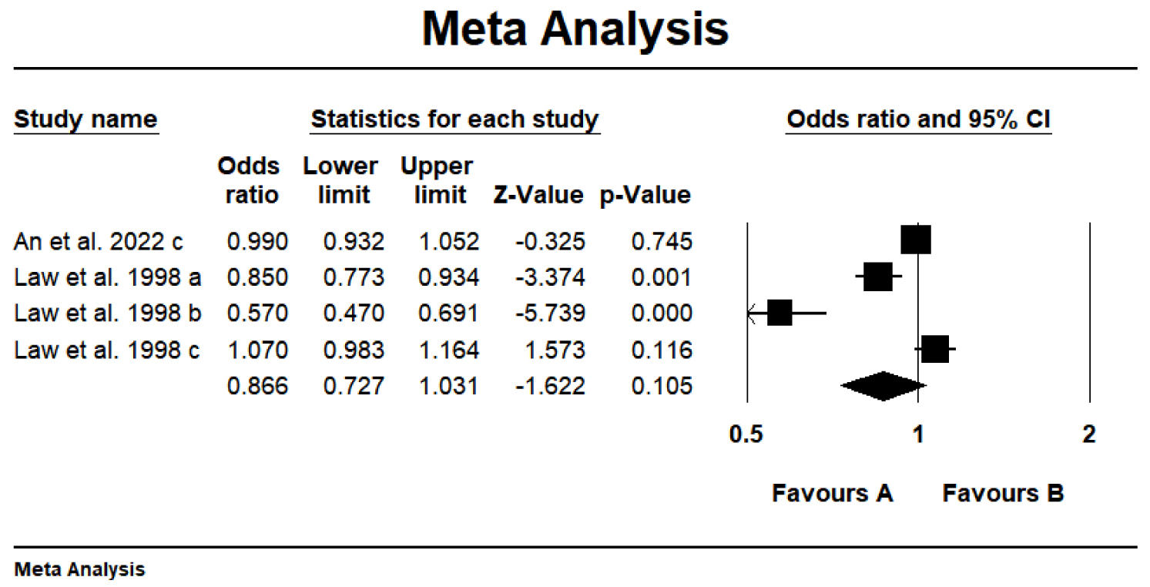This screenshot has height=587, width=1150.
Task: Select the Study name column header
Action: pyautogui.click(x=85, y=119)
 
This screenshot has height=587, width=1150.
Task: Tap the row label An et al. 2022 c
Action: pyautogui.click(x=99, y=241)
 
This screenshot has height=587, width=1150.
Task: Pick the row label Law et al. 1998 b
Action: pyautogui.click(x=107, y=314)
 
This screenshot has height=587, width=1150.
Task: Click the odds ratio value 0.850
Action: pyautogui.click(x=256, y=277)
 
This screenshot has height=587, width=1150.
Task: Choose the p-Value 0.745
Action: pyautogui.click(x=660, y=241)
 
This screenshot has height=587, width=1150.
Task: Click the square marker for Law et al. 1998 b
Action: pyautogui.click(x=780, y=314)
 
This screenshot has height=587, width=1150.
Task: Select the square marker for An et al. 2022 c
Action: pyautogui.click(x=916, y=240)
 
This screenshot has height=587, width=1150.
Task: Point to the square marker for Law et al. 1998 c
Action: pyautogui.click(x=934, y=350)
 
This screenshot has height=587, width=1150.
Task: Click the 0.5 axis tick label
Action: pyautogui.click(x=746, y=434)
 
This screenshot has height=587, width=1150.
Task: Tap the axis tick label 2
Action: pyautogui.click(x=1088, y=434)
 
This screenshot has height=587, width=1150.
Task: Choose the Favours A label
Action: pyautogui.click(x=832, y=493)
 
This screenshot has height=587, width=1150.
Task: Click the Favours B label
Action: pyautogui.click(x=1002, y=493)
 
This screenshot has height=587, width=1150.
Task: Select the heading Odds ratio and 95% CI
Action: pyautogui.click(x=918, y=119)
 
